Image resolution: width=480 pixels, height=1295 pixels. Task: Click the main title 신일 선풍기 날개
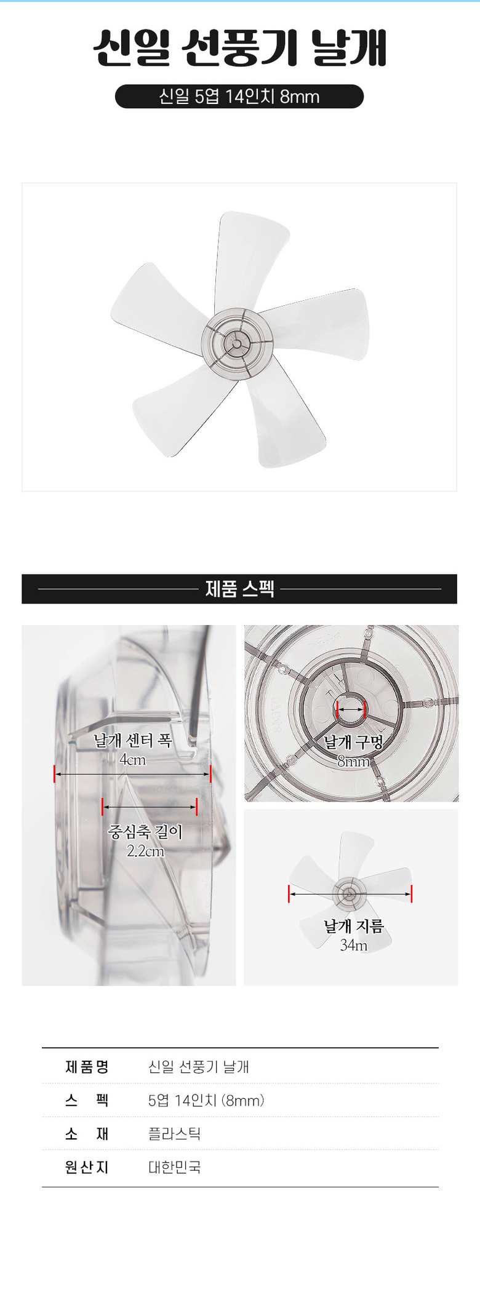tap(240, 48)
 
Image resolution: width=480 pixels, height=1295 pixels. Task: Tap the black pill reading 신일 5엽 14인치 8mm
tap(239, 97)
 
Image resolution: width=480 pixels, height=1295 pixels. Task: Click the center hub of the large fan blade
tap(238, 342)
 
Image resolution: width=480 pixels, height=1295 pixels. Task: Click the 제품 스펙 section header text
tap(239, 589)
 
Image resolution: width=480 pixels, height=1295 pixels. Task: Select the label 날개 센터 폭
tap(132, 740)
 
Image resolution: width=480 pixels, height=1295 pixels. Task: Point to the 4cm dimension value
tap(133, 760)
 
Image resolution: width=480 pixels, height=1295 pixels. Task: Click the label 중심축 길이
tap(145, 832)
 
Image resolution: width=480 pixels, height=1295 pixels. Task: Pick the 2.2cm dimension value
tap(145, 851)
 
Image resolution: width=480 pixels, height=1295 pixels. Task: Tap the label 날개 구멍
tap(353, 742)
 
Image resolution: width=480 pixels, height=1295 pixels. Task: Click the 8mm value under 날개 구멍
tap(353, 762)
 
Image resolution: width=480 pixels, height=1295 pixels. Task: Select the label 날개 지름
tap(354, 926)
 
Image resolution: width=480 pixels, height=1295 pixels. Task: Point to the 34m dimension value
tap(354, 946)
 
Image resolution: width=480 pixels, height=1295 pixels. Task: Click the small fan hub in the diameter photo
tap(350, 894)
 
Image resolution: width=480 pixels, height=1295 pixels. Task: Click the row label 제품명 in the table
tap(87, 1067)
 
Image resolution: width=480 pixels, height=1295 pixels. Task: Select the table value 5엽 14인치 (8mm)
tap(206, 1101)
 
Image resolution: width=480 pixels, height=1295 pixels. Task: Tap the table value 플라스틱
tap(175, 1134)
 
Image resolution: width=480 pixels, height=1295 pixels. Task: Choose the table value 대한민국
tap(175, 1168)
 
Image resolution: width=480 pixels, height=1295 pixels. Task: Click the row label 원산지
tap(87, 1168)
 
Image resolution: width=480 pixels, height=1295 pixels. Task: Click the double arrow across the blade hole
tap(351, 709)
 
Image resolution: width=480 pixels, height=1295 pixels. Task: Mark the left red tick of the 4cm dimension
tap(55, 774)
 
